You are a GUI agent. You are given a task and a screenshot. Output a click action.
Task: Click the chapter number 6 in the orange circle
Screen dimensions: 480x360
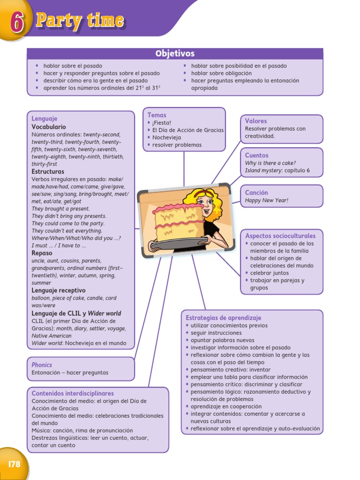[16, 22]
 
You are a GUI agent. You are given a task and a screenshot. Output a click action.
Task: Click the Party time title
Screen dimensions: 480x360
[80, 21]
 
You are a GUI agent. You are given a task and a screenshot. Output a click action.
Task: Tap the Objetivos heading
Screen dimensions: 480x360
[175, 53]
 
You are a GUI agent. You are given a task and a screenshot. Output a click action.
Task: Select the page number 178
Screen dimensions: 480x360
[15, 464]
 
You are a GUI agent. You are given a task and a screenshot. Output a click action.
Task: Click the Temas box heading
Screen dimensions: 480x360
[157, 115]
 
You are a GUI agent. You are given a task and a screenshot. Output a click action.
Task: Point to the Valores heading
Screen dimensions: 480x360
[256, 121]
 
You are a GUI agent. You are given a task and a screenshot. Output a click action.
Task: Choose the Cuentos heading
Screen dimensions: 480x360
[256, 155]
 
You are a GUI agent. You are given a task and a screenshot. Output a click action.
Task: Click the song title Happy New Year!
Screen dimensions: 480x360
[266, 200]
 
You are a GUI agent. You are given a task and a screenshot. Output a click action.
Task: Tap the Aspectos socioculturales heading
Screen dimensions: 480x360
[280, 236]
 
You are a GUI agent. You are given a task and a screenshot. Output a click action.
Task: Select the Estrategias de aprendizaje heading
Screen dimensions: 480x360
[223, 317]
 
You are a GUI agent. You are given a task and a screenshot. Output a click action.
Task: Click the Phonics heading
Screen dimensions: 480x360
[42, 365]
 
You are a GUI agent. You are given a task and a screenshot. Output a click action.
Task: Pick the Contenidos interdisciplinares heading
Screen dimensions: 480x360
[73, 393]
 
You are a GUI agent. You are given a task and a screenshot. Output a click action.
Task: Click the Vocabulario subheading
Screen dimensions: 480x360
[49, 127]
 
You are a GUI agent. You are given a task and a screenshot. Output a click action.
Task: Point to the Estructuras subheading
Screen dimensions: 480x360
[48, 172]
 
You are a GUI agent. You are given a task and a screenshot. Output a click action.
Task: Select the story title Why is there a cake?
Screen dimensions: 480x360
[270, 163]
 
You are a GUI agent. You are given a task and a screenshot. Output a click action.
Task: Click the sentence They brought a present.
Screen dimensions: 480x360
[60, 209]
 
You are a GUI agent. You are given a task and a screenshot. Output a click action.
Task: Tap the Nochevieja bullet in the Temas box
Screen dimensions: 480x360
[166, 137]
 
